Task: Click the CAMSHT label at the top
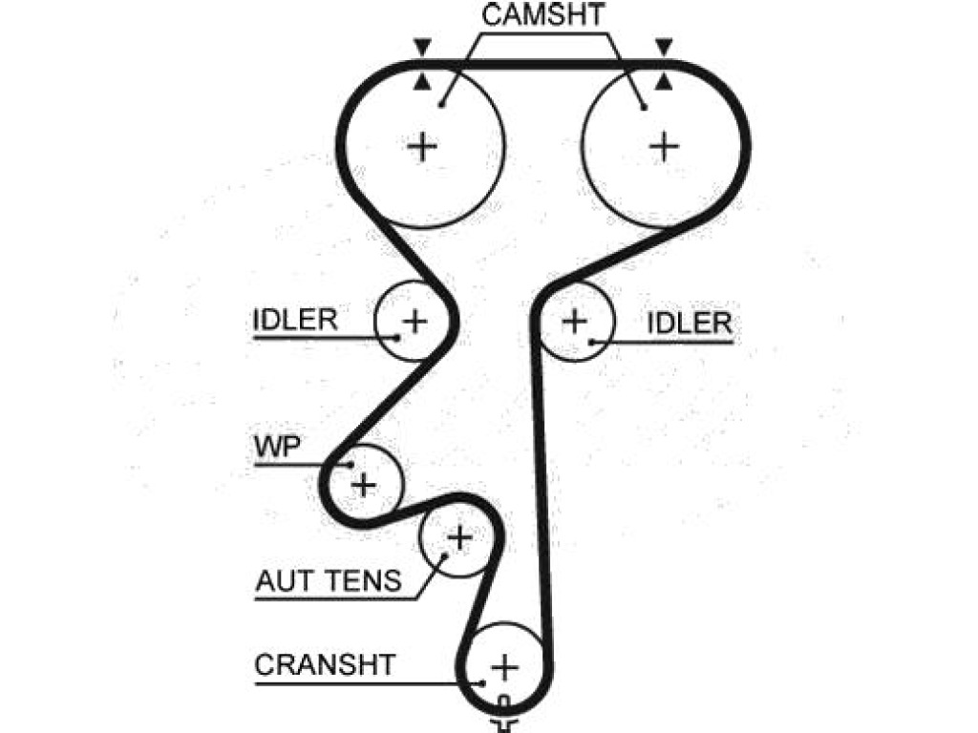542,14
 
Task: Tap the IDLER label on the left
296,320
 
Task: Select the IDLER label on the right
690,323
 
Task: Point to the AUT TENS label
329,581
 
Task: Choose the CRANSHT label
325,664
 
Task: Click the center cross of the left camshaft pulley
422,147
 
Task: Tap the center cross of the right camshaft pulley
665,147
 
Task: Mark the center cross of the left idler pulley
415,322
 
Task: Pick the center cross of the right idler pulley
574,322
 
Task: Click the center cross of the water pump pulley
364,485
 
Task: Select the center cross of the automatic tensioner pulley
459,538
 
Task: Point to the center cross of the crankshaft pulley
504,667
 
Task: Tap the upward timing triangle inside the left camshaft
422,82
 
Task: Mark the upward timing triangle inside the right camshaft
665,80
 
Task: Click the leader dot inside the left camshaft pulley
441,105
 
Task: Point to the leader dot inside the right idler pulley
592,342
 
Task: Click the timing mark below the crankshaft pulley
504,717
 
